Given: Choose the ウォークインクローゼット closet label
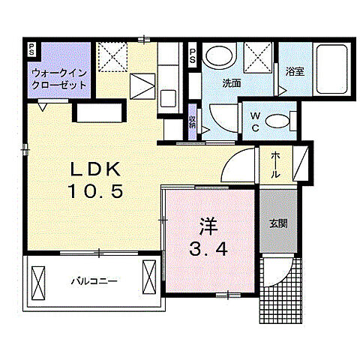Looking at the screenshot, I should [x=58, y=79].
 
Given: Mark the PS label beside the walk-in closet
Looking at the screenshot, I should [x=31, y=50].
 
